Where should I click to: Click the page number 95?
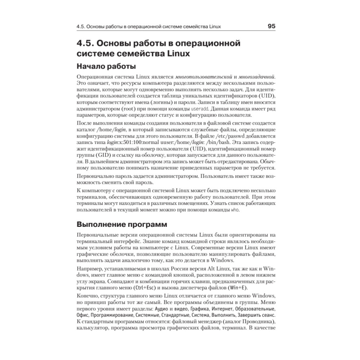point(271,26)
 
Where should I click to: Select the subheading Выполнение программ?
point(122,225)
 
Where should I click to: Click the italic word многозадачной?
point(257,77)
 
